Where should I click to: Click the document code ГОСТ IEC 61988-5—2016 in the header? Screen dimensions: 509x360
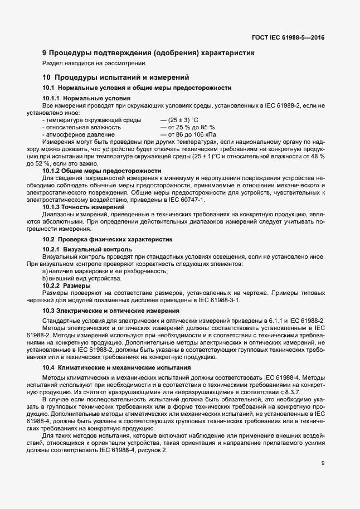tap(288, 38)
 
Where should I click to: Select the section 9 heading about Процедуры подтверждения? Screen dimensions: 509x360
tap(148, 54)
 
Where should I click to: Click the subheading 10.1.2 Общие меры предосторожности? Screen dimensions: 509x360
tap(102, 171)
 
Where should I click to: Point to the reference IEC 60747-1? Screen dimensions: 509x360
tap(187, 199)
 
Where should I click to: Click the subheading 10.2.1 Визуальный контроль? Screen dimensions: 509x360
tap(87, 249)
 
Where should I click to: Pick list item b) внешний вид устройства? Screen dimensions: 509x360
tap(81, 278)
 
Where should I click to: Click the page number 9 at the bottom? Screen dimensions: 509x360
tap(323, 463)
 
